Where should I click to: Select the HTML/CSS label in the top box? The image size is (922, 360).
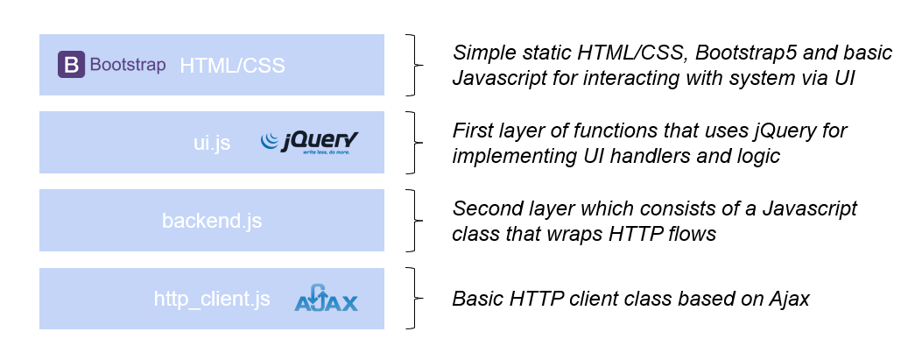coord(232,66)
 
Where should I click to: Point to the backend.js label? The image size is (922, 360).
coord(212,221)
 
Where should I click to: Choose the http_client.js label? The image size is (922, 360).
coord(211,300)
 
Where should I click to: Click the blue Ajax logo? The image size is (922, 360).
coord(326,300)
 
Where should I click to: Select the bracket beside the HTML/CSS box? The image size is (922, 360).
coord(413,65)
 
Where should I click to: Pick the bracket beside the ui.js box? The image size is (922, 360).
coord(413,143)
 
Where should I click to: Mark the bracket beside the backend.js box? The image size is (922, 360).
coord(413,221)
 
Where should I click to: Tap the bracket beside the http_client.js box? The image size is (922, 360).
coord(413,300)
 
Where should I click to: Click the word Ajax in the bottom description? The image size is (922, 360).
coord(789,299)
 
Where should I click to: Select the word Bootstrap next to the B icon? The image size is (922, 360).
coord(128,66)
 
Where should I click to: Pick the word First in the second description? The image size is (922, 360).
coord(473,131)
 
